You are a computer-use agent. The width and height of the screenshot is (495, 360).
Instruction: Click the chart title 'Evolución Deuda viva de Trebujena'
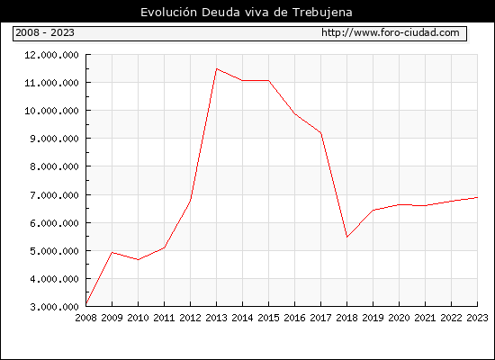pos(247,13)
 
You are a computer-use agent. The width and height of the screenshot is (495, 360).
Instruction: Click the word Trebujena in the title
pos(322,13)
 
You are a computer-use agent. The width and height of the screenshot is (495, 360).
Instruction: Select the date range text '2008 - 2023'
pos(45,32)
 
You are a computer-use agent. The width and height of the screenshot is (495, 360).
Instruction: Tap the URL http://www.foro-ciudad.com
pos(391,32)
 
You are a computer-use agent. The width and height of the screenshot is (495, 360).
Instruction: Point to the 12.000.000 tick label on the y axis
pos(52,55)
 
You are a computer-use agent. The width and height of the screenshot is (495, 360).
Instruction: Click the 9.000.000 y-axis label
pos(54,139)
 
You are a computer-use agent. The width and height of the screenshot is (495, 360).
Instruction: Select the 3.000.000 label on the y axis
pos(54,307)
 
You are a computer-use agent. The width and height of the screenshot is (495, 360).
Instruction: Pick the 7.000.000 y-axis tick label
pos(54,195)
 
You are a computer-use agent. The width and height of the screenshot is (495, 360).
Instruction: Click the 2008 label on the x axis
pos(85,318)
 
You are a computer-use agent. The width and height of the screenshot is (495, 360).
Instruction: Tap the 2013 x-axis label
pos(216,318)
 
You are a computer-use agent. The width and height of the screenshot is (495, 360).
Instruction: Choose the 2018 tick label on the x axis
pos(346,318)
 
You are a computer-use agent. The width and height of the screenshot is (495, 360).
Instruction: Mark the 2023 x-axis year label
pos(477,318)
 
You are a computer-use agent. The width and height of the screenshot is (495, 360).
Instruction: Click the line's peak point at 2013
pos(216,68)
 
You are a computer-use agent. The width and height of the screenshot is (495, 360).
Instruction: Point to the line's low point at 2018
pos(346,237)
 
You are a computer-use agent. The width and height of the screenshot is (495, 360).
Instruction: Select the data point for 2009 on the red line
pos(112,252)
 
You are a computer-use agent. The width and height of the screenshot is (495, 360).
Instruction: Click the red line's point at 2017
pos(320,132)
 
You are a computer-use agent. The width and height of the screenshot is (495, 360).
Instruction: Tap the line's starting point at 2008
pos(86,304)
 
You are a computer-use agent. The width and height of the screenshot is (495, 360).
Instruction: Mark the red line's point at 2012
pos(191,200)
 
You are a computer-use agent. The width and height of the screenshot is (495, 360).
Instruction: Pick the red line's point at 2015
pos(269,80)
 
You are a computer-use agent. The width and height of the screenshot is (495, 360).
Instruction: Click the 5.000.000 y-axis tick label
pos(54,251)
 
